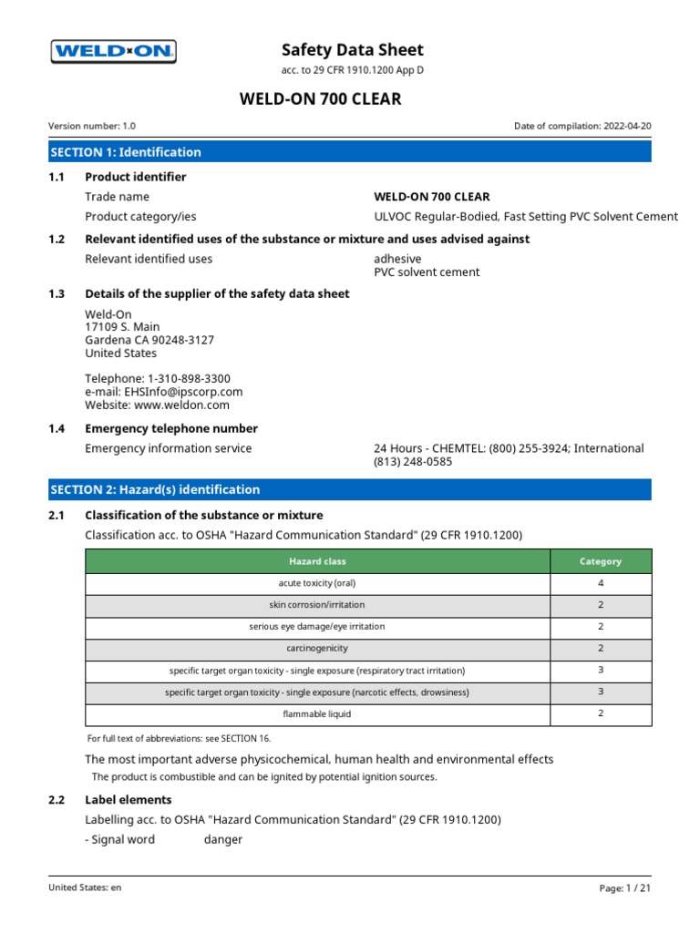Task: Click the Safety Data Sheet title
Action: (x=353, y=50)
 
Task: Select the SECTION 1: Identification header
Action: (x=126, y=152)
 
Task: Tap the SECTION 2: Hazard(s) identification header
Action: (x=155, y=489)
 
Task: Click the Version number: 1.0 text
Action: (x=92, y=127)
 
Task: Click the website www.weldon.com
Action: (x=183, y=405)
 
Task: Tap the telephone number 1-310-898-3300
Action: (x=187, y=378)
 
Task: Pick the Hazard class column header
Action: (x=317, y=561)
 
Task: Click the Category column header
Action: (x=601, y=561)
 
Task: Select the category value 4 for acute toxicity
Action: (x=601, y=583)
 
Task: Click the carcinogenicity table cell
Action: (x=317, y=649)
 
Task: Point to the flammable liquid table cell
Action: (x=317, y=714)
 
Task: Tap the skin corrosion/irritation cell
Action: (x=317, y=605)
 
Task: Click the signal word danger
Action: (x=222, y=839)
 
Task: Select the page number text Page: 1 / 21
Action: (x=624, y=887)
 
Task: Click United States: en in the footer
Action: (x=85, y=887)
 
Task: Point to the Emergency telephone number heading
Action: (x=170, y=428)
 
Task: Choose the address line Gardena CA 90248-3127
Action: (x=149, y=340)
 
